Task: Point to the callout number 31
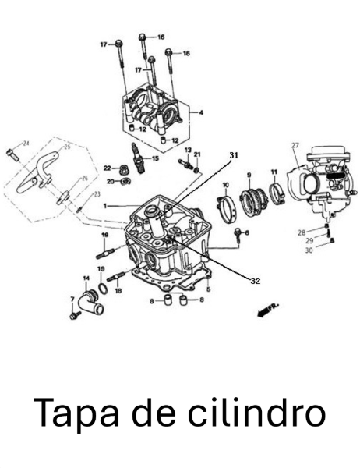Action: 231,156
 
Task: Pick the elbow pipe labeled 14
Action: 94,300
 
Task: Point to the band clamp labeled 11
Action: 277,191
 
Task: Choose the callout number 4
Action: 201,113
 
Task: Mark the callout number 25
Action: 66,147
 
